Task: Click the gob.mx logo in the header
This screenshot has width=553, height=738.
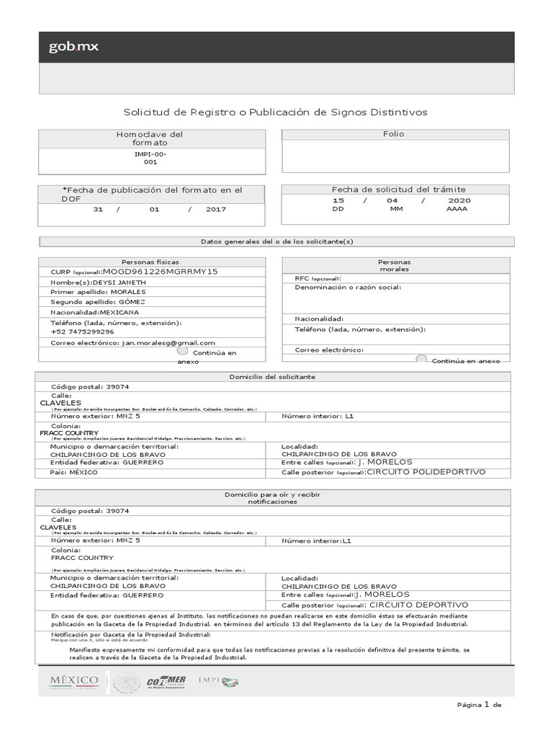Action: coord(74,48)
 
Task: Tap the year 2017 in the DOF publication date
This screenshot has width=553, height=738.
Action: coord(215,209)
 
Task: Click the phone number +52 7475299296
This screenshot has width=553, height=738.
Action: coord(82,332)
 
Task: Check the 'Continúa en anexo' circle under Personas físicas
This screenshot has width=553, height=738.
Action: coord(182,351)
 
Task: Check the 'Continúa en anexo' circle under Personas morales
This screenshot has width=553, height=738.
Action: coord(421,358)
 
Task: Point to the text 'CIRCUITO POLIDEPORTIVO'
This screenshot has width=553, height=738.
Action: coord(426,472)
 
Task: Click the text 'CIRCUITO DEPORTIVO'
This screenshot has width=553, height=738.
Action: coord(418,605)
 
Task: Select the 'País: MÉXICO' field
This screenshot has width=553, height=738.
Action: coord(73,472)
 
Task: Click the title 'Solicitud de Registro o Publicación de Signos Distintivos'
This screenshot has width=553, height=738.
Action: coord(276,112)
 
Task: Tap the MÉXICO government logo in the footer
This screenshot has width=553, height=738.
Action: coord(73,682)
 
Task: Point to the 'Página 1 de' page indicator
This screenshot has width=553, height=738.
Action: coord(478,705)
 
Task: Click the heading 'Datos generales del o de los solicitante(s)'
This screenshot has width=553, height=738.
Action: coord(276,242)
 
